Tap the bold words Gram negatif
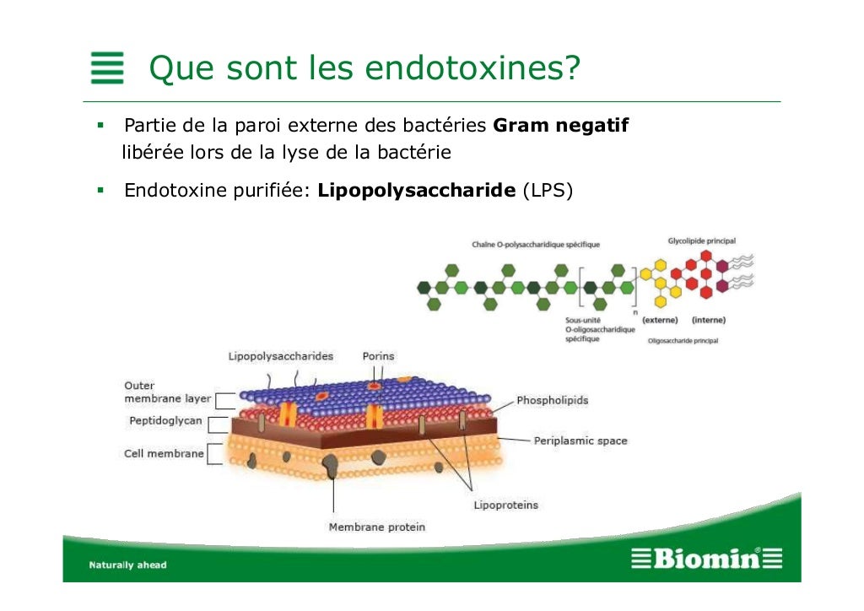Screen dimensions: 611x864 (x=560, y=127)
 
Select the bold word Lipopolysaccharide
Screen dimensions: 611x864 (x=417, y=190)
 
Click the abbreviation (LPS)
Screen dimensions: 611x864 (x=548, y=190)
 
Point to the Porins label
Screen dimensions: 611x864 (x=378, y=356)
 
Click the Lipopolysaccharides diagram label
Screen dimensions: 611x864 (x=280, y=356)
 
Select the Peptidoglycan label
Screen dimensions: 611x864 (x=165, y=420)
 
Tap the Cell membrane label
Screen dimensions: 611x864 (x=164, y=453)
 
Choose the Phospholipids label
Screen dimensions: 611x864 (x=552, y=400)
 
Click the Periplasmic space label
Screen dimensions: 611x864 (x=580, y=441)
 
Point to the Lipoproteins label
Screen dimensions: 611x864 (x=505, y=505)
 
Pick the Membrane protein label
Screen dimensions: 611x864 (x=376, y=527)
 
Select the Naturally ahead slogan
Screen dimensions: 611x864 (x=128, y=565)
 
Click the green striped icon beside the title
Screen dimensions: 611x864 (x=107, y=68)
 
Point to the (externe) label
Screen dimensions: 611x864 (x=660, y=320)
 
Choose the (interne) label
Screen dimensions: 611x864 (x=708, y=320)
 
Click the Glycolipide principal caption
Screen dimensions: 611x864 (x=701, y=241)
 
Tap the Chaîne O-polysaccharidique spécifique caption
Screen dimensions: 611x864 (x=535, y=245)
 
